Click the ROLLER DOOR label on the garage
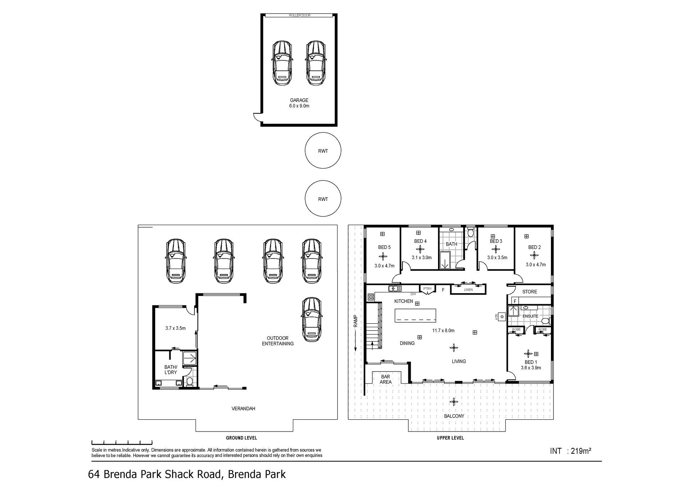299,15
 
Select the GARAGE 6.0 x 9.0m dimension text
299,106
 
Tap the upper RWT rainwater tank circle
323,151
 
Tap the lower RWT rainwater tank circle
323,199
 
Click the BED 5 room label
384,247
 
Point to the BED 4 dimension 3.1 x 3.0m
422,257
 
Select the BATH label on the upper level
451,244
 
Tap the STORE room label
530,292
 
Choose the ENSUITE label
530,316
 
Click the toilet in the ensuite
545,321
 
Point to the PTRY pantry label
427,289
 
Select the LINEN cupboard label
468,290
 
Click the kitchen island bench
416,316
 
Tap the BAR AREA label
386,379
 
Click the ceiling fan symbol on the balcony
454,402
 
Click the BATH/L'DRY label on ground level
171,370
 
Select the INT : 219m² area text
571,451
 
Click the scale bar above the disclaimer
122,442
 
